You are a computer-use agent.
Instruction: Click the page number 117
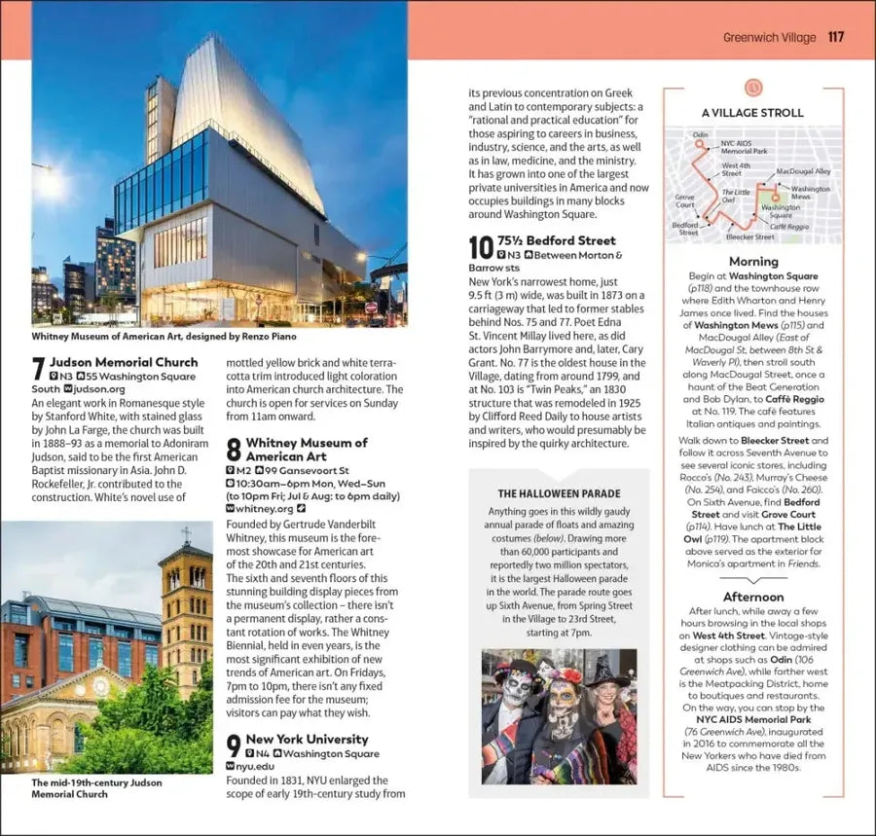click(835, 37)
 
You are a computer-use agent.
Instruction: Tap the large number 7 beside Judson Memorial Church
click(38, 369)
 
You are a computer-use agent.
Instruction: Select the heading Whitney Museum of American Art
click(306, 449)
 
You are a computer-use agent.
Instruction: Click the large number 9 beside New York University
click(233, 746)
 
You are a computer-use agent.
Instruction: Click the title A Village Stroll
click(752, 112)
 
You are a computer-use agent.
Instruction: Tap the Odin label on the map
click(700, 134)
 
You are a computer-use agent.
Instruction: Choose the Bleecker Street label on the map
click(749, 236)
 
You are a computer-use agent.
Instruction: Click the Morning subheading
click(753, 261)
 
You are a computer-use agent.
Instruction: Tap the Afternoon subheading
click(753, 597)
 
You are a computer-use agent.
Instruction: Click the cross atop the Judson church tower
click(185, 533)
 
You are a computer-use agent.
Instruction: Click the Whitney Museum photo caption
click(149, 336)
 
